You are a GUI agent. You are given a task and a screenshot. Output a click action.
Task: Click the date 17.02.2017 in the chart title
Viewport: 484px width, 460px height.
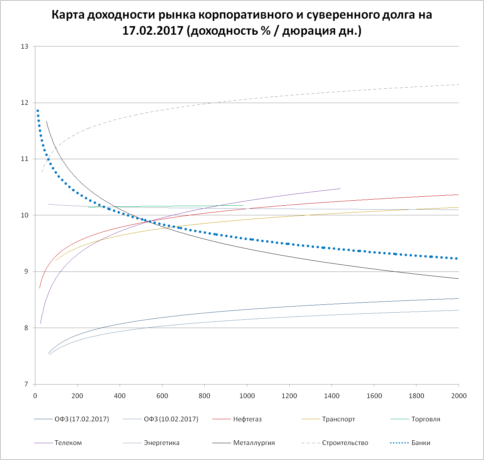153,31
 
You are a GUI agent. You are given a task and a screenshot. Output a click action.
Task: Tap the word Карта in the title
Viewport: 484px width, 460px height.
68,15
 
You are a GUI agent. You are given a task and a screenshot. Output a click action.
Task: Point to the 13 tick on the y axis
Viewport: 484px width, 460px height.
25,47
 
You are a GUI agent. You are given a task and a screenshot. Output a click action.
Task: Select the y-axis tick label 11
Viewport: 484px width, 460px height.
25,159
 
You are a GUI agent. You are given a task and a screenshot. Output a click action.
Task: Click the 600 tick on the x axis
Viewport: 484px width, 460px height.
162,396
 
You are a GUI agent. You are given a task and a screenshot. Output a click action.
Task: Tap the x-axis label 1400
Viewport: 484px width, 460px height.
331,396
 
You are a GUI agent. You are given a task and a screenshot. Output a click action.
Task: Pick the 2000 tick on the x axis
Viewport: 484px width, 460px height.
459,396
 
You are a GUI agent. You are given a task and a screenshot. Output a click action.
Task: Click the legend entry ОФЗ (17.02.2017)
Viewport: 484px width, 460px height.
81,419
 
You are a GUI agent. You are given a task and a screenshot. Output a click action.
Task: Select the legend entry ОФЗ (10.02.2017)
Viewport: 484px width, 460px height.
171,419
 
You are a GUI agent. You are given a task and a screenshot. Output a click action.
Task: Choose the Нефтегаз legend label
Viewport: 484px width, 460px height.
247,419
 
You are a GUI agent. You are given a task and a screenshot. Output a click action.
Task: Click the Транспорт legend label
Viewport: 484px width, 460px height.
338,419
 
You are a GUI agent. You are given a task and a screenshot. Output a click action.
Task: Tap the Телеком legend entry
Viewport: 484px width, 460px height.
68,443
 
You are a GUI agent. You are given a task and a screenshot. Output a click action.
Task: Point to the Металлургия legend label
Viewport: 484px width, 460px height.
254,443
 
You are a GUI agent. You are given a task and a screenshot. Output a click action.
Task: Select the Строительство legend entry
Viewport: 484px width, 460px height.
345,443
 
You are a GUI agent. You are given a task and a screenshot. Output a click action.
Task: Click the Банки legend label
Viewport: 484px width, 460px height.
421,443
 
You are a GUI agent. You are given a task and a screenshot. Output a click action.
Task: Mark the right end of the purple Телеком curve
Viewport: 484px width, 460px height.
340,189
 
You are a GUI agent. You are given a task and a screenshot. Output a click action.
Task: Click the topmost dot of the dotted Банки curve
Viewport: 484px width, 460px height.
38,111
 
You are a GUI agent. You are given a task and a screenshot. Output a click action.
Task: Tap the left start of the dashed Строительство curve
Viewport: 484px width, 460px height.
42,172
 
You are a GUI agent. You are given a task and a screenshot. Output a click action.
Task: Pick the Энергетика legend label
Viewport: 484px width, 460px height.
161,443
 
